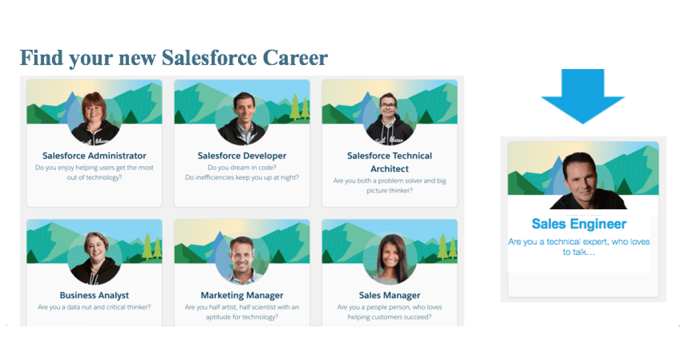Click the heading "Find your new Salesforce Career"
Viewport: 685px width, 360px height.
click(x=174, y=58)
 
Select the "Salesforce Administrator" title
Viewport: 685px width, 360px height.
click(x=94, y=156)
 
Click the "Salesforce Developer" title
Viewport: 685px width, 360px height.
click(x=242, y=156)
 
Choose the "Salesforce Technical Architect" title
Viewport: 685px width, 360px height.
click(x=390, y=162)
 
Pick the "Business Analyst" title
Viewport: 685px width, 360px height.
click(x=94, y=296)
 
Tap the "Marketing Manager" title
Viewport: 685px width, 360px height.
click(x=242, y=296)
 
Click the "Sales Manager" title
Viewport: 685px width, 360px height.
click(x=390, y=296)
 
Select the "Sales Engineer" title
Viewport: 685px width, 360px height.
click(x=579, y=224)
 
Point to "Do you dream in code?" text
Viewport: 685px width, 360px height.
click(x=242, y=168)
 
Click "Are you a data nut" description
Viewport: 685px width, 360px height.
click(x=94, y=308)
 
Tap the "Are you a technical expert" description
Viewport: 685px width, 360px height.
click(x=579, y=246)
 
